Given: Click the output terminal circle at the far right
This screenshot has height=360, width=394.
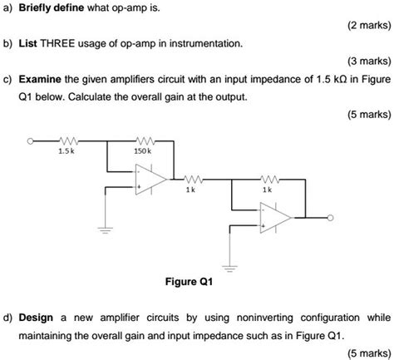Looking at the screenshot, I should point(331,219).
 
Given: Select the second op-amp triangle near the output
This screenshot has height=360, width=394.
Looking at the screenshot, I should point(274,218).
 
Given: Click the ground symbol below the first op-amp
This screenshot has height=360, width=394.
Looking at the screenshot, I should point(107,226).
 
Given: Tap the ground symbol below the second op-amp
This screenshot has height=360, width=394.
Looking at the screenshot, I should point(233,267).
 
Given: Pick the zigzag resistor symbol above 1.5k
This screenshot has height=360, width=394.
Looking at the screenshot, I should point(67,141).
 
